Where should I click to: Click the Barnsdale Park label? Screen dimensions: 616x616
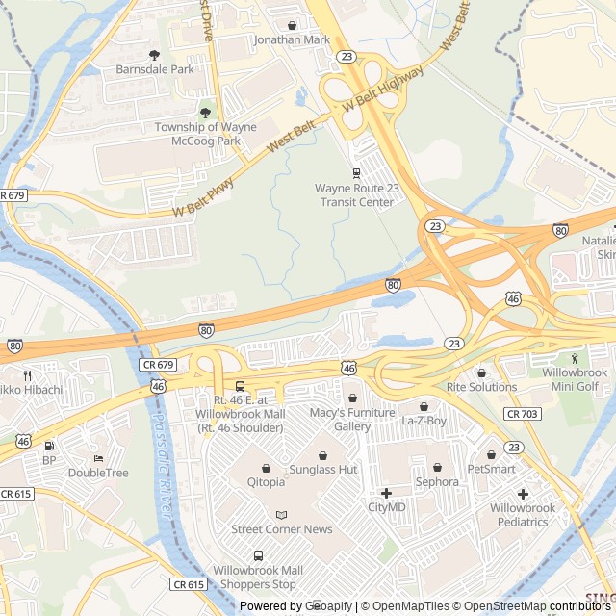155,69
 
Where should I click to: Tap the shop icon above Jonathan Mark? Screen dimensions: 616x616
292,25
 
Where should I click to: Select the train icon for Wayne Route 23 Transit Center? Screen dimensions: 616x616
356,173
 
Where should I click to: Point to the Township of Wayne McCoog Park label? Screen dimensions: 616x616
206,134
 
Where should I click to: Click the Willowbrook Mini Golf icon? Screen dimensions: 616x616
575,358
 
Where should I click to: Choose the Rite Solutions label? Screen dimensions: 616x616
481,387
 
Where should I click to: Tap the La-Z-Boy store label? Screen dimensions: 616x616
423,421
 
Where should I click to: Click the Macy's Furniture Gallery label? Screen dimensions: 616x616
352,420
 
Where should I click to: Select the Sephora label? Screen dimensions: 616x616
437,481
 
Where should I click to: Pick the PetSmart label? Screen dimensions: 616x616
491,469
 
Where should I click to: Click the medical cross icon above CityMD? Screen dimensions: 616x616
386,493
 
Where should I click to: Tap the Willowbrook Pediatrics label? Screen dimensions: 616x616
523,515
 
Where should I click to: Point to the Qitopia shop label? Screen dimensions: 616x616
266,482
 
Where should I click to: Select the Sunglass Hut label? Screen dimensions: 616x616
323,469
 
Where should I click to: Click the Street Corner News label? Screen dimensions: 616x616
281,529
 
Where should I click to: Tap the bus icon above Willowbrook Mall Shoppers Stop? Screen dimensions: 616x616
258,555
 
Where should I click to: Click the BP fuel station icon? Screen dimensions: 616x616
49,446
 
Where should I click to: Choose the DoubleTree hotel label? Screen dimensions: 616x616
97,473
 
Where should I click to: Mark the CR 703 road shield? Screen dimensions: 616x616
522,414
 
